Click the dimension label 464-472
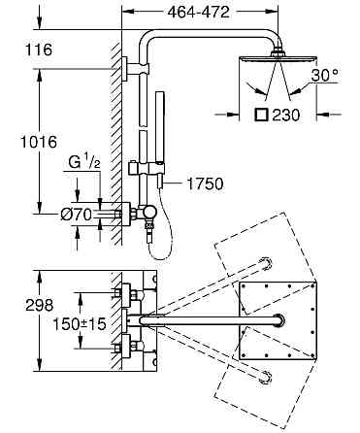(x=199, y=13)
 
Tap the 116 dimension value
(x=39, y=50)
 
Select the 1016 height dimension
(x=39, y=142)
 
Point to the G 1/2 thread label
(x=84, y=161)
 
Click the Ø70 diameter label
(x=77, y=214)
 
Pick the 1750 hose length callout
(x=205, y=183)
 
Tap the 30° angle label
(x=324, y=76)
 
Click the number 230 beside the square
(x=286, y=115)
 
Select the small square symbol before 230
(x=261, y=115)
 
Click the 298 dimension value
(x=40, y=305)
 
